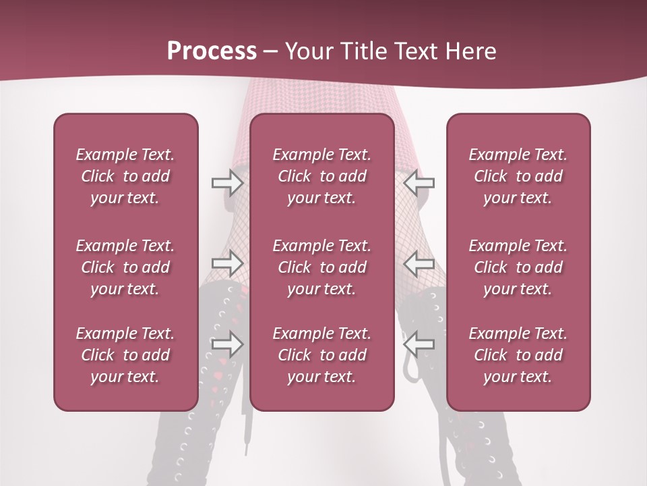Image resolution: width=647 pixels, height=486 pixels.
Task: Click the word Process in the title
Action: click(x=212, y=51)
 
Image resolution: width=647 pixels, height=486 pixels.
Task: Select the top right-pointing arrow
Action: click(x=227, y=182)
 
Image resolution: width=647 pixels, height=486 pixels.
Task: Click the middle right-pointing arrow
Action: click(x=227, y=263)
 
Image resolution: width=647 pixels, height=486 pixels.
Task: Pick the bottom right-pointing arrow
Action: click(x=227, y=344)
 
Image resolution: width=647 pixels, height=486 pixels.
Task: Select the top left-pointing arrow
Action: click(x=419, y=182)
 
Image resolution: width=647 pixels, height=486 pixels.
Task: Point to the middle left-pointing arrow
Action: click(x=419, y=263)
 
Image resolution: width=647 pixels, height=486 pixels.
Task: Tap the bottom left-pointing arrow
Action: click(x=419, y=344)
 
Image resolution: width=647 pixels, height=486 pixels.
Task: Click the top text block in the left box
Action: click(x=125, y=176)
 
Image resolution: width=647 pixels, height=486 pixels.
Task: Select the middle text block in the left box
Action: click(x=125, y=267)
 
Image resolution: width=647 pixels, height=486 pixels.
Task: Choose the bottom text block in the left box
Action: click(x=125, y=355)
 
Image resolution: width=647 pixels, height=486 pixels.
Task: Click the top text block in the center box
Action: click(x=322, y=176)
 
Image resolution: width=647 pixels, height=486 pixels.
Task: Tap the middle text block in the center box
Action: click(x=322, y=267)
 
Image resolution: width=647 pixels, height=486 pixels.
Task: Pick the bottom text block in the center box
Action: click(x=322, y=355)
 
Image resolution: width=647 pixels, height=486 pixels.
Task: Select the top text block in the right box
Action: click(x=518, y=176)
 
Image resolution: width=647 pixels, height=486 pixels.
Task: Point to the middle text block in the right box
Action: click(x=518, y=267)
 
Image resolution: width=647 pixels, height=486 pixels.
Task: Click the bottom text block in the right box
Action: click(x=518, y=355)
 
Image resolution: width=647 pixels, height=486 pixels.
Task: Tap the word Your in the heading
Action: click(x=308, y=51)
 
